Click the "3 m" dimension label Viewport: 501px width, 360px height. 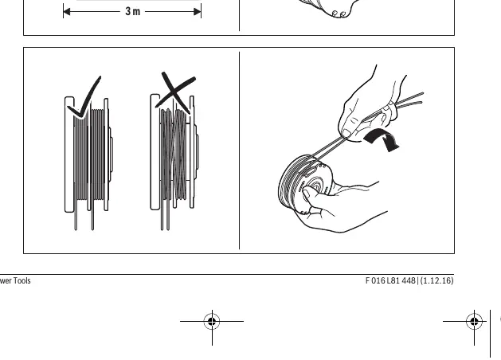point(132,11)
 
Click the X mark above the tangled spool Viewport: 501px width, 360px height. point(175,92)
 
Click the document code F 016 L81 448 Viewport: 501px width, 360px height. point(390,281)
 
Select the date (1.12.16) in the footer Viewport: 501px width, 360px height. point(436,281)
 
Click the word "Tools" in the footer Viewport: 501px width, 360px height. point(22,281)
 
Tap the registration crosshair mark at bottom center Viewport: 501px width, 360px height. point(212,321)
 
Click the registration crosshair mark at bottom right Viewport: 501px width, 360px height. point(474,321)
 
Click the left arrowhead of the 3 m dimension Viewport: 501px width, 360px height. point(67,12)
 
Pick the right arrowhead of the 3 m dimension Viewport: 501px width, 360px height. point(198,12)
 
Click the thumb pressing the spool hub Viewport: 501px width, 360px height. point(310,194)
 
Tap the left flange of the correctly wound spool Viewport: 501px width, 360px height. point(69,155)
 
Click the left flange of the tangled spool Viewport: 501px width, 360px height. point(155,152)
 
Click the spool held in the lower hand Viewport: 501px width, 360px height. point(305,185)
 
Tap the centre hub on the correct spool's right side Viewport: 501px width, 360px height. point(111,155)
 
